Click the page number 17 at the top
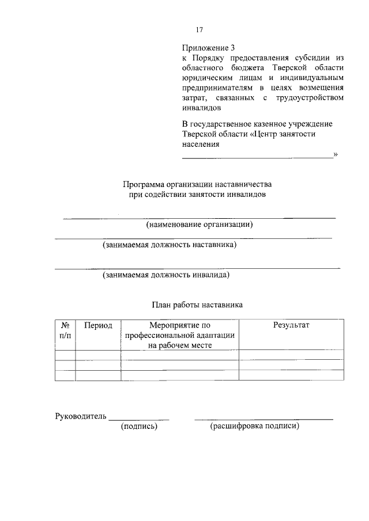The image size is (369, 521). pyautogui.click(x=199, y=31)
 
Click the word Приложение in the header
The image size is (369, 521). pyautogui.click(x=202, y=49)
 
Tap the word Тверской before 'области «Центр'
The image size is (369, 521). pyautogui.click(x=201, y=134)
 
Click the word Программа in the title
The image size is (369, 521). pyautogui.click(x=144, y=185)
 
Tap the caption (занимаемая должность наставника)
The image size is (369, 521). pyautogui.click(x=170, y=245)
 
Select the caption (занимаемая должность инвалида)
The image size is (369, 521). pyautogui.click(x=167, y=275)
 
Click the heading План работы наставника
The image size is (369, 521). pyautogui.click(x=197, y=305)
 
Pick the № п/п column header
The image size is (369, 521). pyautogui.click(x=65, y=330)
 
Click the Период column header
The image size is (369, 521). pyautogui.click(x=98, y=325)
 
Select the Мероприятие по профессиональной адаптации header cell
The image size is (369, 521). pyautogui.click(x=179, y=335)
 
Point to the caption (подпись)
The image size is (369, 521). pyautogui.click(x=139, y=427)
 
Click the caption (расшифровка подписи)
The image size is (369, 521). pyautogui.click(x=255, y=427)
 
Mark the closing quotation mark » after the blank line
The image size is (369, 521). pyautogui.click(x=336, y=154)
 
